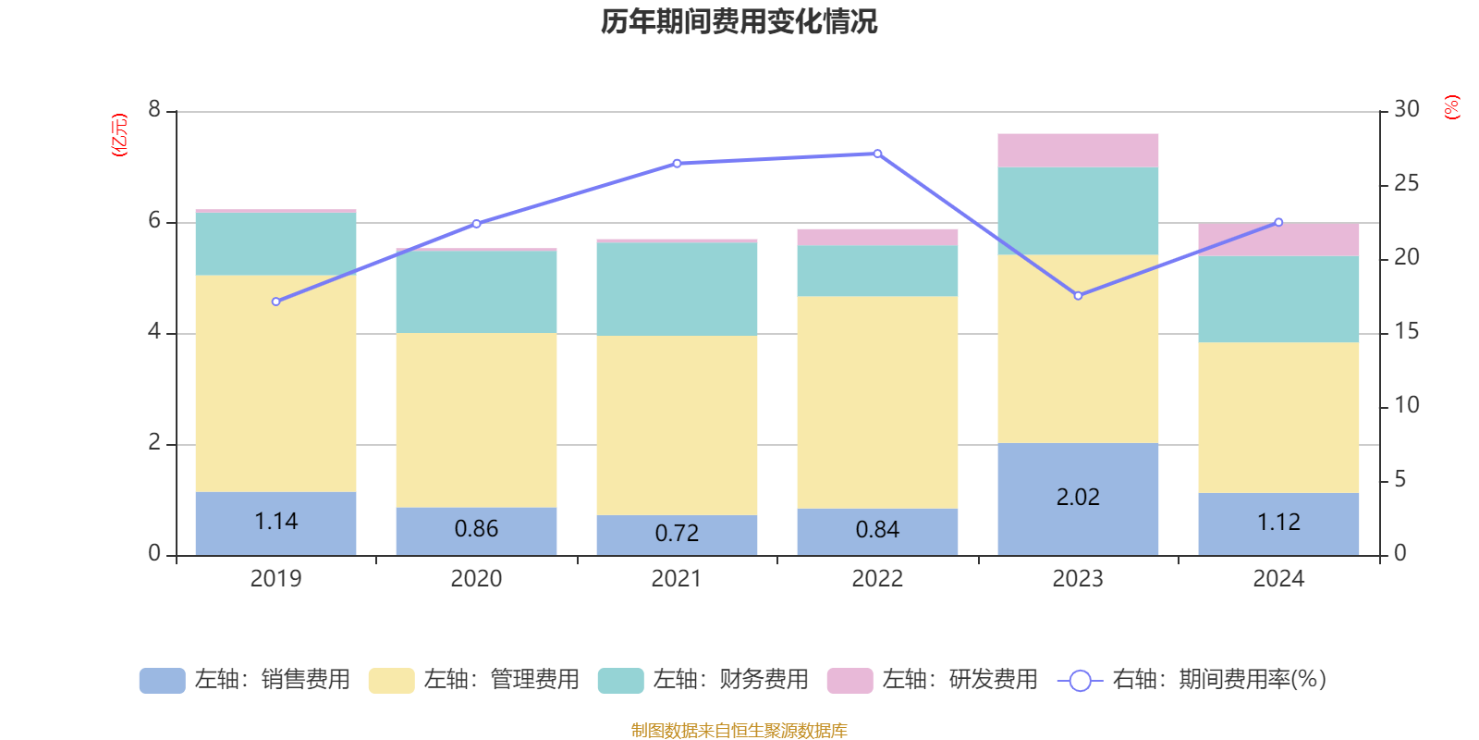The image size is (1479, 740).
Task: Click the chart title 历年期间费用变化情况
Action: click(739, 22)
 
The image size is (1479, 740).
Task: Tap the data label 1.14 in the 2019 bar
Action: click(275, 522)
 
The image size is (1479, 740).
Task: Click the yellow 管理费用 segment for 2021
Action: click(677, 425)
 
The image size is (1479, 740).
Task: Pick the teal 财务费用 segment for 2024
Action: click(1278, 299)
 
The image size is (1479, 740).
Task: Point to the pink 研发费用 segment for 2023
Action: click(1078, 150)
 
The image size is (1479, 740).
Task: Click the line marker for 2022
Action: click(877, 154)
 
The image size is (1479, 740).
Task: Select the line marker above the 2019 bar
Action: click(275, 302)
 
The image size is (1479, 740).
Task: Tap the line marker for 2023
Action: click(1078, 296)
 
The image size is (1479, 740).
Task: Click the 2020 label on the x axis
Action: click(476, 579)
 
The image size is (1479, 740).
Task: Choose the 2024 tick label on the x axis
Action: click(1278, 579)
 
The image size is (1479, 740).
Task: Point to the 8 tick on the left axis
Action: click(154, 110)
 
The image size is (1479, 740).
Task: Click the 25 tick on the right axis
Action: click(1406, 184)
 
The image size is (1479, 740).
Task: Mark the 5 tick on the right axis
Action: click(1400, 480)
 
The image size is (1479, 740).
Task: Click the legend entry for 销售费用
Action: click(246, 680)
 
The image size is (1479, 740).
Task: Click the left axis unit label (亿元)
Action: click(119, 135)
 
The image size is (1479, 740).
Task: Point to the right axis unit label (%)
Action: click(1452, 107)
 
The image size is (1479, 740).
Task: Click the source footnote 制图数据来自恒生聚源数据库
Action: click(739, 731)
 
